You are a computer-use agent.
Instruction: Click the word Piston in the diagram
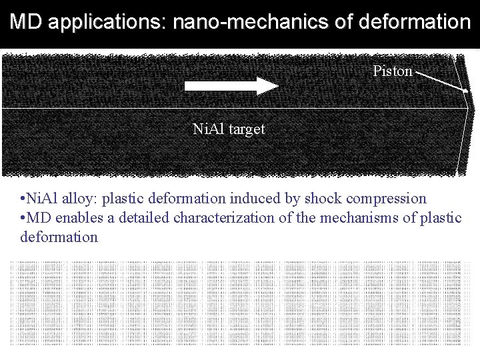point(393,71)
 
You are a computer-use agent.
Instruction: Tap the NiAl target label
point(228,129)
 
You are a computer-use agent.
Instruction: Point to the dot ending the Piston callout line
point(465,89)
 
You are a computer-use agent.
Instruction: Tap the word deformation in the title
point(414,23)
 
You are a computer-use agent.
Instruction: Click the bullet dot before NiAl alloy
point(23,199)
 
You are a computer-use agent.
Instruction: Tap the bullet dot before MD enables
point(23,218)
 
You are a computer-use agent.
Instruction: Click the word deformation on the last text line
point(59,237)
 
